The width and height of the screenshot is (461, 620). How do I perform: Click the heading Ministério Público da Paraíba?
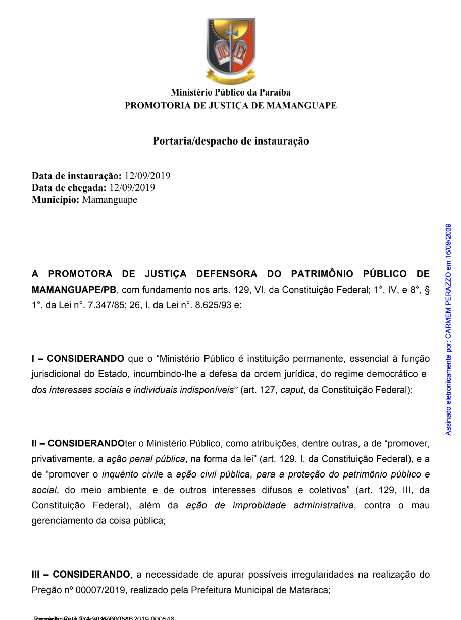pos(231,92)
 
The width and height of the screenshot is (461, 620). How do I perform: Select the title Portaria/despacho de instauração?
pos(231,141)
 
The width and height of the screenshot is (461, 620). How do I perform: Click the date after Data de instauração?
pos(147,176)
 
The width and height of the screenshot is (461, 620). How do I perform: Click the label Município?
pos(56,200)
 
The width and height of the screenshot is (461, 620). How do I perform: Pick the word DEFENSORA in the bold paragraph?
pos(227,274)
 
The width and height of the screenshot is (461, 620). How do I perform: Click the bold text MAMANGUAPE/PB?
pos(74,290)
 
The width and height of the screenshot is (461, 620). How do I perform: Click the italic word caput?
pos(292,390)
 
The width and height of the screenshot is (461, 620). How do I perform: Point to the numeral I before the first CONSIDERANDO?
pos(33,359)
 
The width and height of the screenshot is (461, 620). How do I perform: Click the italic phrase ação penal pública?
pos(145,459)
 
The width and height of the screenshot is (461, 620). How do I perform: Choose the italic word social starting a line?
pos(44,490)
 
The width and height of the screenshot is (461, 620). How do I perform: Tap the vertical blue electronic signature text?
pos(448,329)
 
